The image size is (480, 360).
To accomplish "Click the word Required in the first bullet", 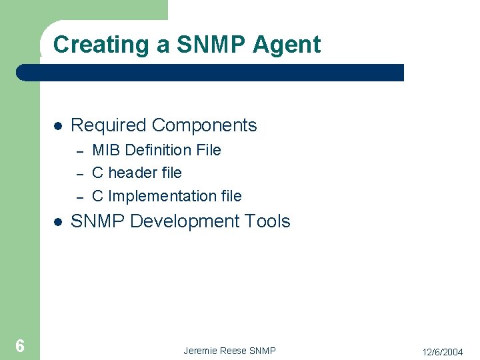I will click(x=109, y=125).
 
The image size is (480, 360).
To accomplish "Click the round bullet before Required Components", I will click(x=58, y=126).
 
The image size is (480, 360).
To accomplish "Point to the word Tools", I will click(x=268, y=221).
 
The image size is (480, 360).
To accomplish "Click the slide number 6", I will click(x=20, y=345).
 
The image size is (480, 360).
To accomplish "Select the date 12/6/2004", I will click(x=443, y=351).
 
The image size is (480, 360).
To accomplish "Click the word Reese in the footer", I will click(x=233, y=351).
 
